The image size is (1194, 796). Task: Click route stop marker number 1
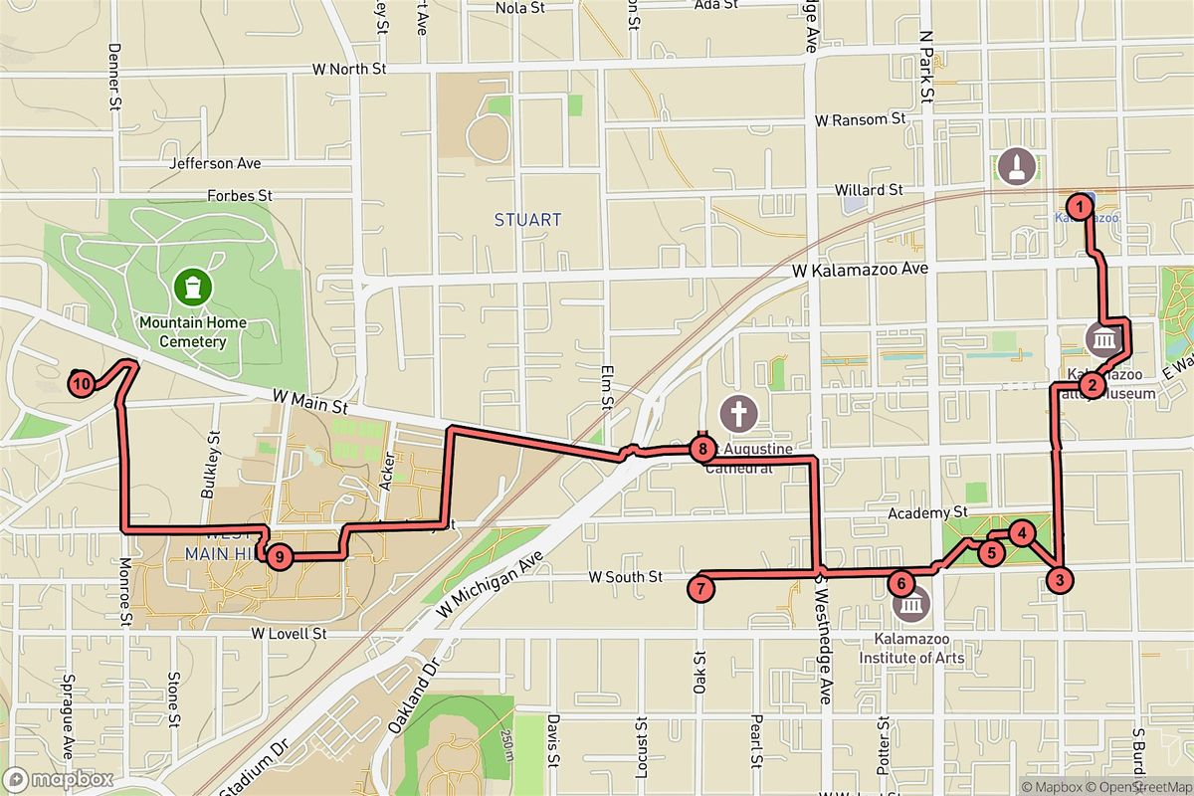(1077, 206)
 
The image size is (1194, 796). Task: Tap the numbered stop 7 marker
(701, 588)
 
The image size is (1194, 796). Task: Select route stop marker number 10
(82, 383)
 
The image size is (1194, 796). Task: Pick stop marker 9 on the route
(280, 557)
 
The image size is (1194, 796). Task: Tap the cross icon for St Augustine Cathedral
(738, 412)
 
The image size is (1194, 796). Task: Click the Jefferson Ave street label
(216, 163)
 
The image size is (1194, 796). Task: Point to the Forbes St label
(240, 196)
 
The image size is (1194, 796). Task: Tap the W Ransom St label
(860, 119)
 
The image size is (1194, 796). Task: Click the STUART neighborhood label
(528, 220)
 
